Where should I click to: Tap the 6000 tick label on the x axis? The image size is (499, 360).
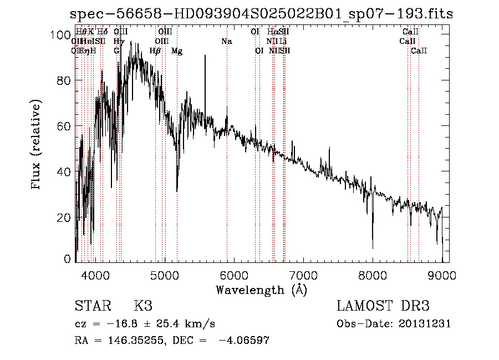coord(235,275)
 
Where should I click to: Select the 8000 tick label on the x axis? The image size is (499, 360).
coord(373,275)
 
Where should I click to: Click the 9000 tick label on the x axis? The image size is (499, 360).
coord(442,275)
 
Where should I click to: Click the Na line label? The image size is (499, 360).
coord(226,41)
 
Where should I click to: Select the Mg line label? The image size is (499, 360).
coord(177,51)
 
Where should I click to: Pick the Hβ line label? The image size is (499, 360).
coord(155,51)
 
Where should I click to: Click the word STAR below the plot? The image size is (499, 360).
coord(92,306)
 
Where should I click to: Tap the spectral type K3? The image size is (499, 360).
coord(143,306)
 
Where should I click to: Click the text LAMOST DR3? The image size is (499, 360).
coord(383,306)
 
